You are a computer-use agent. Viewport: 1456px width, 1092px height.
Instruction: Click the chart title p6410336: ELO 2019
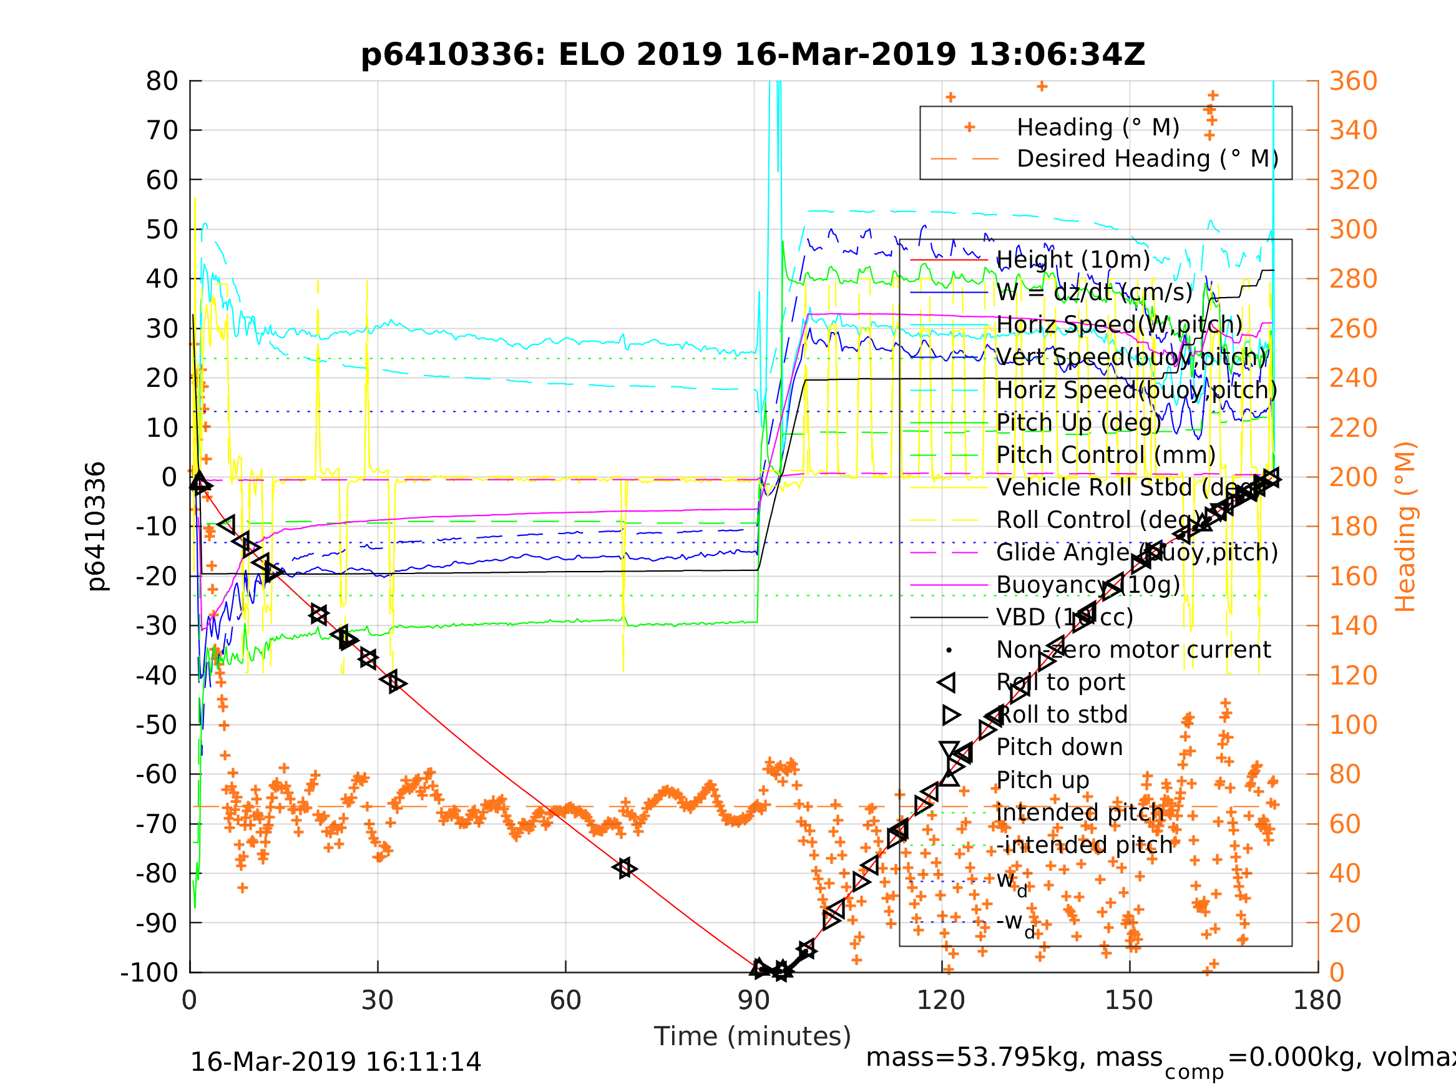753,55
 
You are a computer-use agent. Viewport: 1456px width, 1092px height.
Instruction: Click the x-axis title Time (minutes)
753,1036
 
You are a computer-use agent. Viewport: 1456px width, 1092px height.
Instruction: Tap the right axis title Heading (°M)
1405,527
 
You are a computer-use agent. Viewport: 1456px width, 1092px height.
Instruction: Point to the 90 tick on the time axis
754,1000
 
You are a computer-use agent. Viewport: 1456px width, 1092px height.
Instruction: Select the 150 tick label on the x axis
1129,1000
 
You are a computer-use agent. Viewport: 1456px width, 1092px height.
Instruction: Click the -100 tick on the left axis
149,972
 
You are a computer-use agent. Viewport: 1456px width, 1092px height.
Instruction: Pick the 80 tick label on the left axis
162,82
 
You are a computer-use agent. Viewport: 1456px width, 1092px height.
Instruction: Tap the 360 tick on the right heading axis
1353,82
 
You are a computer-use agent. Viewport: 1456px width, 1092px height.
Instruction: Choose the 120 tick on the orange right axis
1353,675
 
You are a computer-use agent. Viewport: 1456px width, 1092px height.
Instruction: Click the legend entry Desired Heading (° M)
1147,158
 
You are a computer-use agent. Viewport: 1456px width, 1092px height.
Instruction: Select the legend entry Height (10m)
1073,260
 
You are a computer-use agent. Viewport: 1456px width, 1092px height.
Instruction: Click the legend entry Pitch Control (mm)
1106,455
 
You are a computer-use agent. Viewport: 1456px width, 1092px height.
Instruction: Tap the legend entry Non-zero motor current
1133,650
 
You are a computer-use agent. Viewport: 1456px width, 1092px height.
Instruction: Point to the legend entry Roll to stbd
1062,715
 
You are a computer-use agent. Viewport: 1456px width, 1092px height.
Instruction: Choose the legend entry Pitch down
1060,747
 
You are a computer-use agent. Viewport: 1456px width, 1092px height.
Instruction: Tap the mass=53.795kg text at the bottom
1014,1057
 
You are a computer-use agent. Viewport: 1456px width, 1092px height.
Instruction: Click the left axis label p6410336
96,527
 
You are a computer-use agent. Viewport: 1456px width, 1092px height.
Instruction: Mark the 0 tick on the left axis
169,477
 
